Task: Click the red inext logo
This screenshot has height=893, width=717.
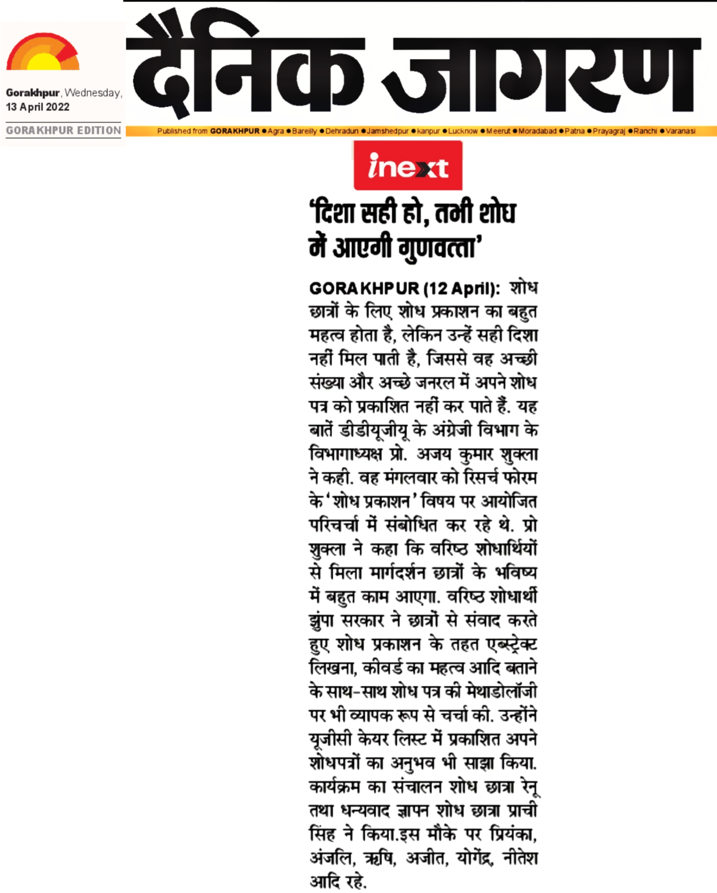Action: point(408,165)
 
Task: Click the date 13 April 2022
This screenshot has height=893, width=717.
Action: point(38,107)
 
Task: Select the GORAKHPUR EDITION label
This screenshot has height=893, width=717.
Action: point(63,130)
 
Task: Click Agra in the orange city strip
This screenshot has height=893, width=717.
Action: point(275,131)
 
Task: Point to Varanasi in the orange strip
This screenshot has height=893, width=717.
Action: point(680,131)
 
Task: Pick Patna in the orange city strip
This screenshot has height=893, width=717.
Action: point(574,131)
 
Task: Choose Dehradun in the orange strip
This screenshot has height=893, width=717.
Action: point(342,131)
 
